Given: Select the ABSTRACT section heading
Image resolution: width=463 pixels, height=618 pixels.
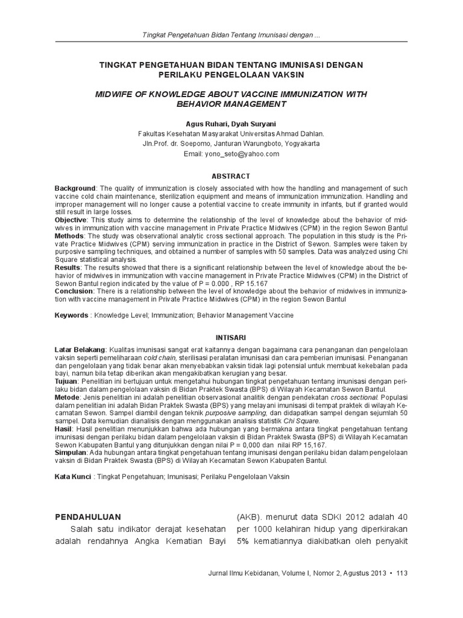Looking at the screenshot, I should (231, 176).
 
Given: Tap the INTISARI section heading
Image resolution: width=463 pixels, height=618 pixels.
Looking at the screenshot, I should (231, 336).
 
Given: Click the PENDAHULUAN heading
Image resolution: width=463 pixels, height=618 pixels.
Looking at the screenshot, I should (88, 517).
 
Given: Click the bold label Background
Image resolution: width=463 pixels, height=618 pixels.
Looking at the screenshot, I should (75, 189).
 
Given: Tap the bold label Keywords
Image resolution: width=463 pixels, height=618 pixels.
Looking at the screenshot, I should (72, 315).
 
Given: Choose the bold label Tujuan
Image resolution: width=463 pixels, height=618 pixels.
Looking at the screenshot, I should (66, 381).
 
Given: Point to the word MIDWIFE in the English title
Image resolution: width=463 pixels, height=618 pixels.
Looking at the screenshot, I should (116, 95).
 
